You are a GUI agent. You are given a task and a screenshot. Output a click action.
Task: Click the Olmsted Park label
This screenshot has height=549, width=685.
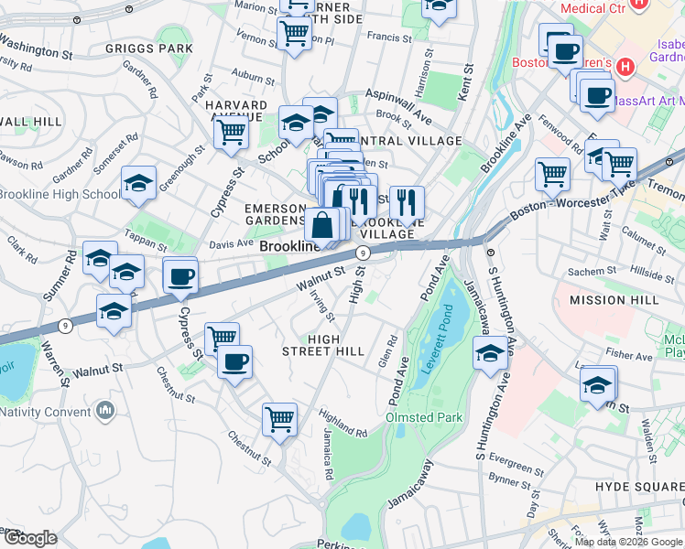pyautogui.click(x=425, y=418)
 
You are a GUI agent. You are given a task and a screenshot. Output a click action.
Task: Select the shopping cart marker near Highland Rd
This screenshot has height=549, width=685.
pyautogui.click(x=279, y=419)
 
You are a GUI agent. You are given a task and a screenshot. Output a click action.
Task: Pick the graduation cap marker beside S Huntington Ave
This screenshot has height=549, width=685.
pyautogui.click(x=490, y=353)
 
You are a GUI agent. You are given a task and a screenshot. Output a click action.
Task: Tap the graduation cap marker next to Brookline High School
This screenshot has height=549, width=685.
pyautogui.click(x=138, y=183)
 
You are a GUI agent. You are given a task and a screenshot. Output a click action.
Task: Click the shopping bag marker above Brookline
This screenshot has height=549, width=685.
pyautogui.click(x=322, y=224)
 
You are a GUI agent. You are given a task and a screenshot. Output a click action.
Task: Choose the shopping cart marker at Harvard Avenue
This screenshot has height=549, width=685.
pyautogui.click(x=231, y=131)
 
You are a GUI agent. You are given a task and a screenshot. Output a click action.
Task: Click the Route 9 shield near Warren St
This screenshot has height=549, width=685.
pyautogui.click(x=65, y=325)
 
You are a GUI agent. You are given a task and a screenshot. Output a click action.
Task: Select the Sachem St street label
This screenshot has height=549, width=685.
pyautogui.click(x=594, y=272)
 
